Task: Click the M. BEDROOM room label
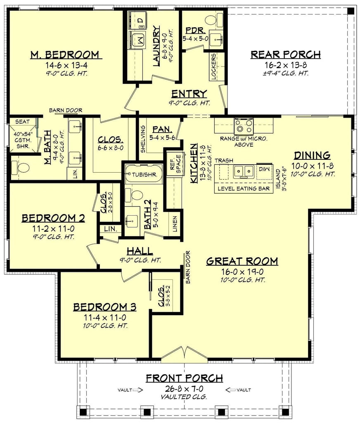(65, 55)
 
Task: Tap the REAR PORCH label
(286, 54)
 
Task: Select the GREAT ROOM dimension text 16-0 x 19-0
(242, 271)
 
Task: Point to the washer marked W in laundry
(139, 40)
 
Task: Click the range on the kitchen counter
(243, 124)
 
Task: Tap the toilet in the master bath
(22, 167)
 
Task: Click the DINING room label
(312, 155)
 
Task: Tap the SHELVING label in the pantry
(142, 138)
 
